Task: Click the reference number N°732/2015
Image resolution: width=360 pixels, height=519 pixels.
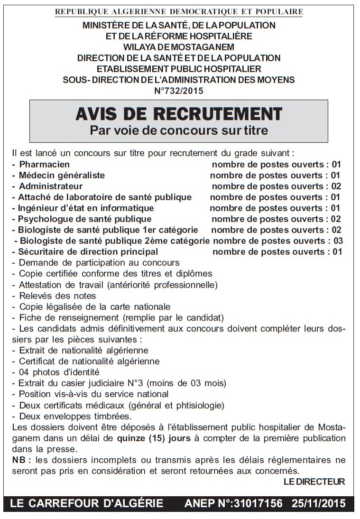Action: (179, 91)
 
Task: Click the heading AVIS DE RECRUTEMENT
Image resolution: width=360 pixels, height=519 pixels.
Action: (179, 114)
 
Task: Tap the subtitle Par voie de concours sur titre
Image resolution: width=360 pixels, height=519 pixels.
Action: (179, 130)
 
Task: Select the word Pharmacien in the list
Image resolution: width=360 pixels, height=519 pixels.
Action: (44, 165)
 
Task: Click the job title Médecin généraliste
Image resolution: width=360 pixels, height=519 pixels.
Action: (62, 176)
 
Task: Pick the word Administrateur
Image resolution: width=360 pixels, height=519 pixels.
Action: (51, 186)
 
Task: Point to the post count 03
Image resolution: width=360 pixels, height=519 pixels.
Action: (338, 241)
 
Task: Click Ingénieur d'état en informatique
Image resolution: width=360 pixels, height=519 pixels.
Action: (86, 208)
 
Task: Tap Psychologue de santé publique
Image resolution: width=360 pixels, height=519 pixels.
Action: (85, 219)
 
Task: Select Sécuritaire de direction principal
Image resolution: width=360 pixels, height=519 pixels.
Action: (88, 252)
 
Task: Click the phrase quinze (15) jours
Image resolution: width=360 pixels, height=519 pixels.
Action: (153, 438)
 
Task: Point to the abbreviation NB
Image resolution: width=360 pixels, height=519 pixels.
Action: (18, 460)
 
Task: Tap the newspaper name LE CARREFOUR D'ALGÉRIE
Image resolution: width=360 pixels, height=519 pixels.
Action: (86, 504)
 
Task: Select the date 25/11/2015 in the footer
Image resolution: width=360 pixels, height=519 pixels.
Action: (318, 504)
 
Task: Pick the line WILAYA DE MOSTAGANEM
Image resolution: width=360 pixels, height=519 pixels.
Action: (179, 47)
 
